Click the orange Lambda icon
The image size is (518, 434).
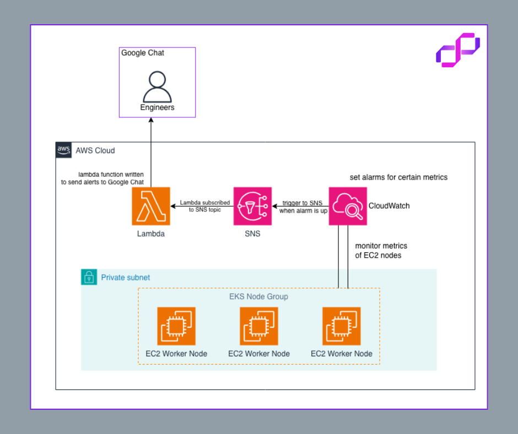click(151, 206)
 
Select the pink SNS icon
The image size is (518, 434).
click(252, 206)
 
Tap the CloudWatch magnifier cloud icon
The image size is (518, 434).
click(348, 206)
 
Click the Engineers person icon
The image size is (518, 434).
click(157, 86)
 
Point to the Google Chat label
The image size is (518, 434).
click(143, 53)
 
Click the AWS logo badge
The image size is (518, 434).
click(64, 150)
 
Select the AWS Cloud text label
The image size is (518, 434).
click(95, 150)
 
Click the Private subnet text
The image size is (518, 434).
click(125, 278)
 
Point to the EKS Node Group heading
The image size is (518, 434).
click(258, 297)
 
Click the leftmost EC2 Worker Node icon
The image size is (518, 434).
click(176, 326)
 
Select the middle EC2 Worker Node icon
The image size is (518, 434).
click(259, 326)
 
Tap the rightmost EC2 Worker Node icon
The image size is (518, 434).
click(342, 326)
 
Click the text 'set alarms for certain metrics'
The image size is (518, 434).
click(398, 177)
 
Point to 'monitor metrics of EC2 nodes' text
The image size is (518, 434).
click(381, 251)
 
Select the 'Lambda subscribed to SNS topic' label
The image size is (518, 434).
click(201, 207)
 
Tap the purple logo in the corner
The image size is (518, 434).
click(457, 50)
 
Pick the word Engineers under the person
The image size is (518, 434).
click(157, 107)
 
